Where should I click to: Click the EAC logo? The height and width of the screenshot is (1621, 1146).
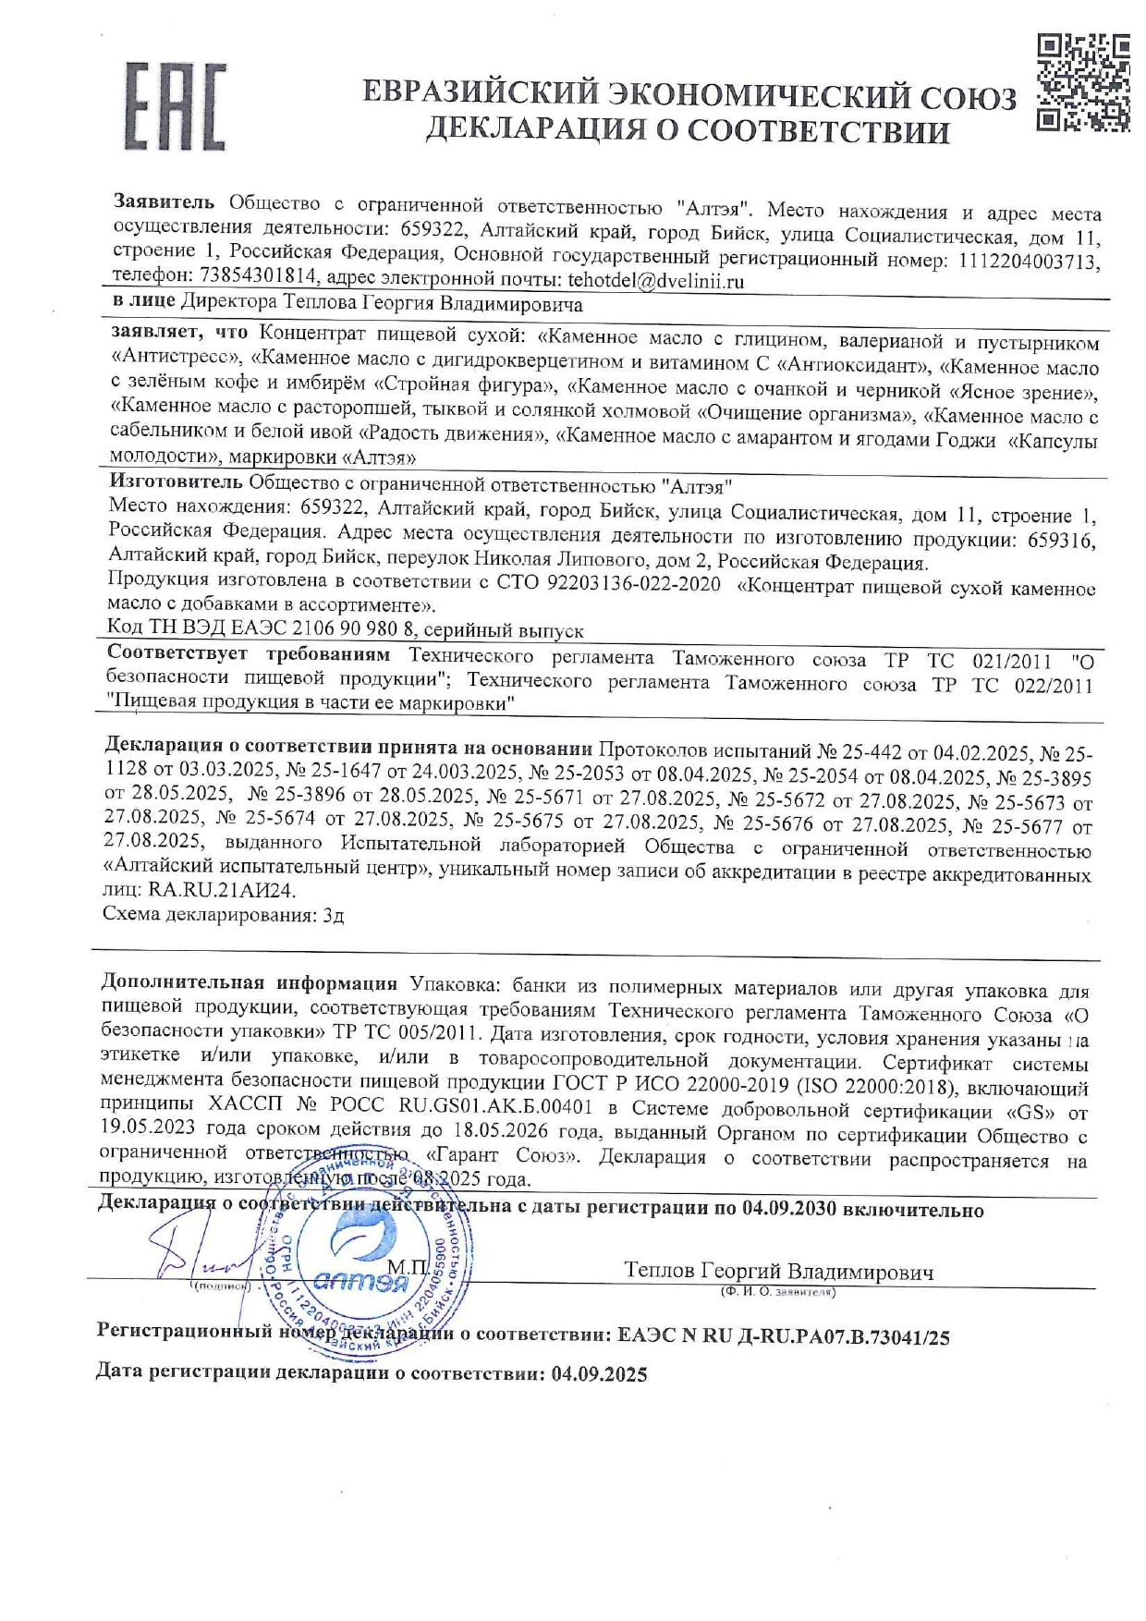[x=175, y=106]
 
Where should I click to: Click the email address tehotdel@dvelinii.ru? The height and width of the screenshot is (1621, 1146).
[x=656, y=281]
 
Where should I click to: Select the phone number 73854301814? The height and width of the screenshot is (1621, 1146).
[x=259, y=276]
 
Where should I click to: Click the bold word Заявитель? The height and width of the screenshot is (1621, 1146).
[x=164, y=201]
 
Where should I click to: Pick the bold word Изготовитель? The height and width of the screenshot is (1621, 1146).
[x=176, y=481]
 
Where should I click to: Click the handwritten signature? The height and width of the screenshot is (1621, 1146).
[x=199, y=1257]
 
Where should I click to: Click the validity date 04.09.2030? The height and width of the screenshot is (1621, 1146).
[x=789, y=1210]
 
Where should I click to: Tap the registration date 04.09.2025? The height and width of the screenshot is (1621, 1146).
[x=599, y=1374]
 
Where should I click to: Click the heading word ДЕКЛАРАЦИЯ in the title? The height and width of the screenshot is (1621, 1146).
[x=547, y=131]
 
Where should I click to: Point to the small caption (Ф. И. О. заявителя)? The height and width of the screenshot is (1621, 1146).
[x=777, y=1291]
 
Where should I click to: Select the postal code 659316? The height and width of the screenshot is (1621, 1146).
[x=1061, y=541]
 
